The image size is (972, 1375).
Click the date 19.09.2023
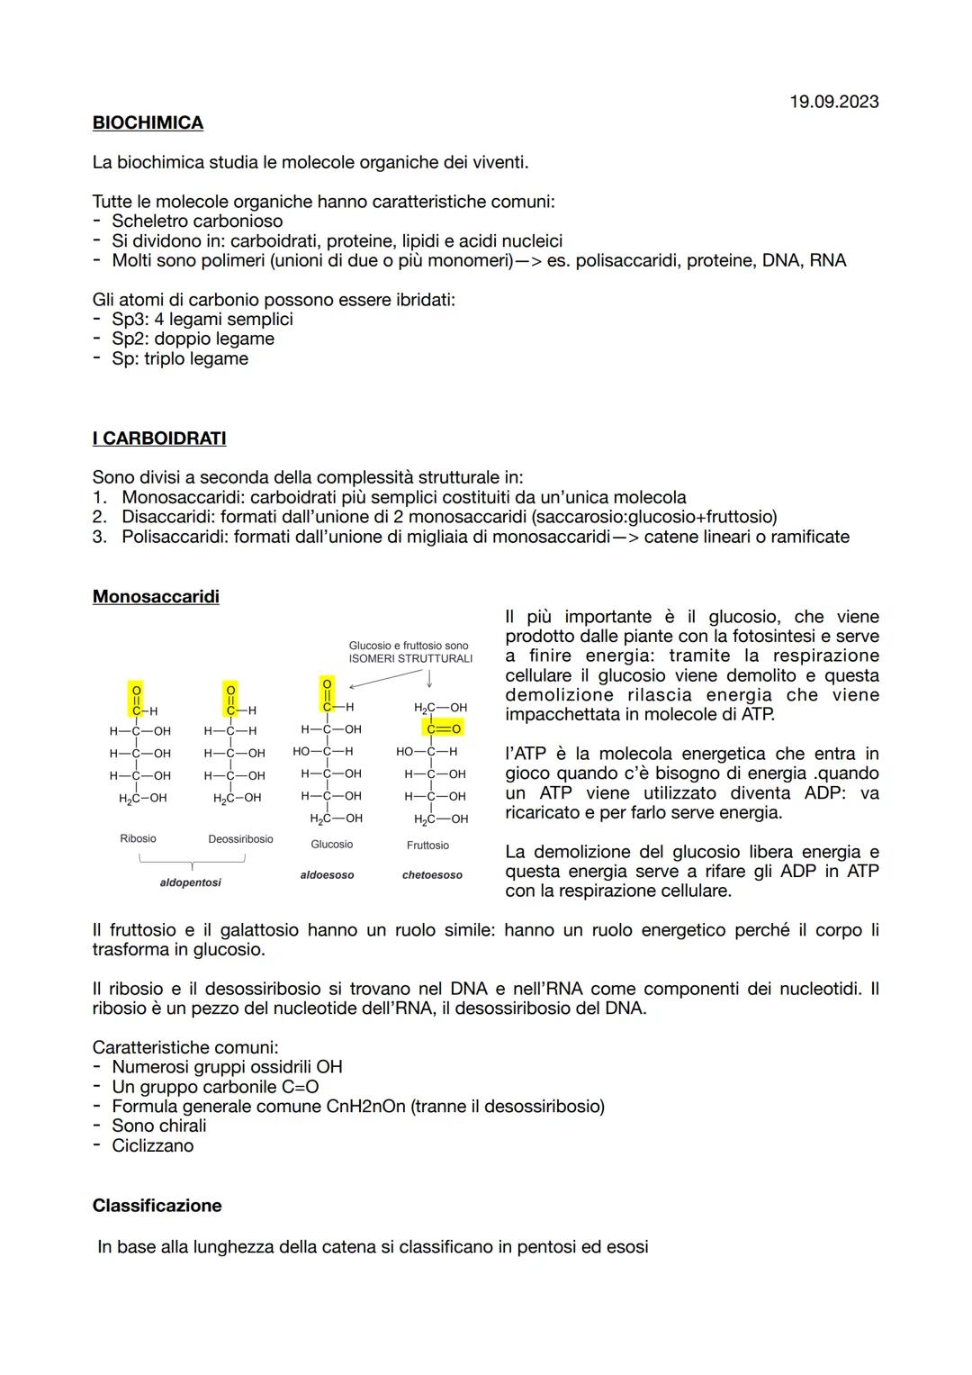point(833,102)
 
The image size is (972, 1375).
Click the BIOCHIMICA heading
point(148,122)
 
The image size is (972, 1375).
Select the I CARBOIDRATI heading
point(159,439)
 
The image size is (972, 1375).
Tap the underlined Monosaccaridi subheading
point(156,597)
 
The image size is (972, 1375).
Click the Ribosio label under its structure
point(138,838)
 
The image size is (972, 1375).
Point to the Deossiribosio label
point(240,839)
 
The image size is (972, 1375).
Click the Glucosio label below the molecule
point(331,845)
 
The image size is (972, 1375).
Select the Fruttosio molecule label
point(427,846)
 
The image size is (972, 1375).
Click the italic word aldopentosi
point(190,883)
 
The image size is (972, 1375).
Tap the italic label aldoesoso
point(327,875)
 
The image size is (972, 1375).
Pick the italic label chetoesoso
point(432,875)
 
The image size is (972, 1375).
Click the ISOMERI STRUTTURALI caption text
point(410,658)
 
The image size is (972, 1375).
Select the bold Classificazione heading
point(157,1206)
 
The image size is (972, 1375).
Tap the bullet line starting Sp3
point(202,320)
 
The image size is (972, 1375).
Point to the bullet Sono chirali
point(158,1126)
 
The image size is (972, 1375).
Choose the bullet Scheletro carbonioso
point(196,222)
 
